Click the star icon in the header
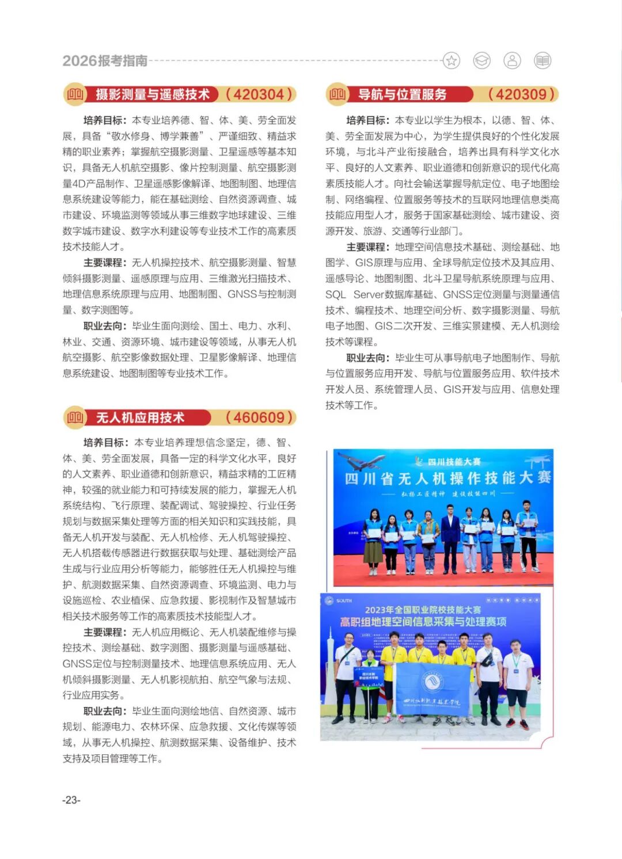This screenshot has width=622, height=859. (x=452, y=60)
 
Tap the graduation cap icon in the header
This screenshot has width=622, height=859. (x=481, y=60)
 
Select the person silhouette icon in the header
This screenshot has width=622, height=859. (x=512, y=60)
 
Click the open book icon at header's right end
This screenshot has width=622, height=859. (x=543, y=60)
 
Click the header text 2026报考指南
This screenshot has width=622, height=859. (x=105, y=61)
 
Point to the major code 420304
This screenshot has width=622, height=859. (x=259, y=94)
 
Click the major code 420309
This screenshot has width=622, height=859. (x=521, y=94)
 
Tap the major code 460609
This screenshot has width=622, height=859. (x=259, y=417)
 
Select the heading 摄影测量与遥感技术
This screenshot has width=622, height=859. (x=152, y=94)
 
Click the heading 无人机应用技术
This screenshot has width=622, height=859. (x=140, y=417)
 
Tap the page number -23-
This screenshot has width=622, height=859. (x=71, y=800)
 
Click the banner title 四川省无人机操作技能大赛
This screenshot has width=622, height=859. (x=447, y=478)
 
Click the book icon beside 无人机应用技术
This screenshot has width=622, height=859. (x=75, y=417)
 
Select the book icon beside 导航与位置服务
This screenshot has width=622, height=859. (x=337, y=94)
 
